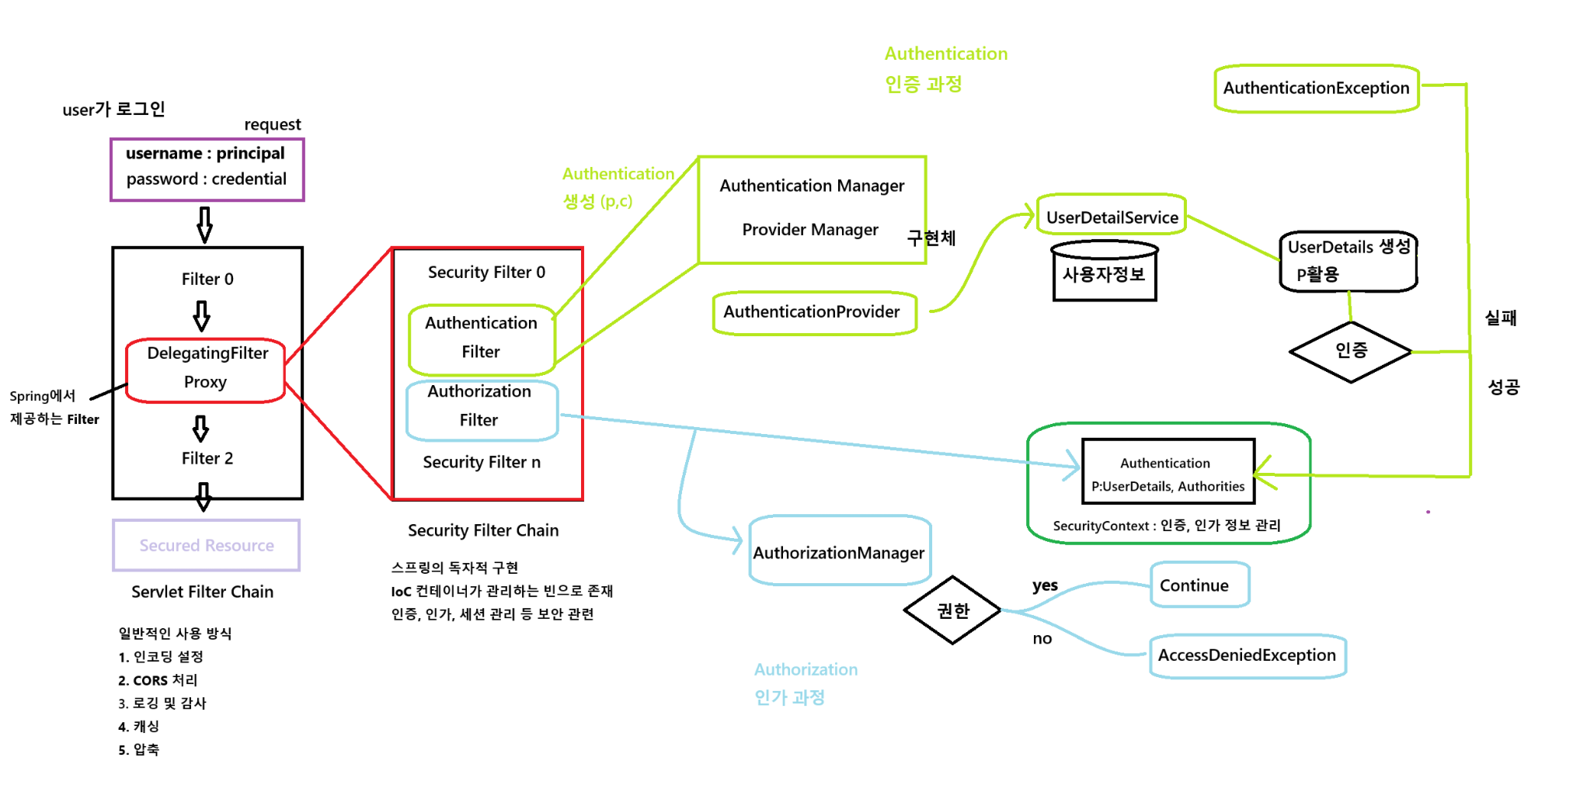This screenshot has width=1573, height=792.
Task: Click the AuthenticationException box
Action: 1316,89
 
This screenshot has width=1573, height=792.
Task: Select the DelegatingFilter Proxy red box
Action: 206,370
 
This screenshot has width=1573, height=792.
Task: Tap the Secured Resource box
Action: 207,545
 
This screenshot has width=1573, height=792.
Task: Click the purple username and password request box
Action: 207,169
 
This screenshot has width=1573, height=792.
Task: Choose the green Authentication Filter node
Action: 481,339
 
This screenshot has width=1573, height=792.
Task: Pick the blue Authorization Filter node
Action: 481,407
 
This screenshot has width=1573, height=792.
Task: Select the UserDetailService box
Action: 1112,216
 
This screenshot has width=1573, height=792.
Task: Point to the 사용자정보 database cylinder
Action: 1104,273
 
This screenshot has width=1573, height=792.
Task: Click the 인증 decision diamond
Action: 1350,351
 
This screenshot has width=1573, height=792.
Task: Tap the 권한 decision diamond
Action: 952,610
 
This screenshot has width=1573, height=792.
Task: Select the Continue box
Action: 1199,585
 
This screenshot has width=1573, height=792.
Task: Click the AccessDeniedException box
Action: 1247,655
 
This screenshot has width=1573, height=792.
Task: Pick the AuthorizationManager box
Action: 839,551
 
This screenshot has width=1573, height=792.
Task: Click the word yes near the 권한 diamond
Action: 1045,585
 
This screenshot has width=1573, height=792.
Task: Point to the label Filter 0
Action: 207,280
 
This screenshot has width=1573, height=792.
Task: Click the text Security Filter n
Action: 482,463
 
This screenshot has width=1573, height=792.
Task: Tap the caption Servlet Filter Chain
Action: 202,592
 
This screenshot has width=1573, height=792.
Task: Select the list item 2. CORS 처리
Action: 158,680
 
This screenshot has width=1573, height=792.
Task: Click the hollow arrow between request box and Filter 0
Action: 204,224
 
